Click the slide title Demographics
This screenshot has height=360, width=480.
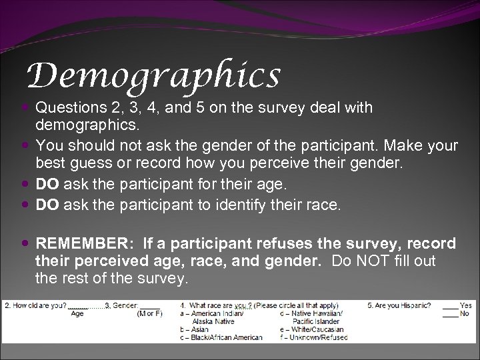[x=153, y=75]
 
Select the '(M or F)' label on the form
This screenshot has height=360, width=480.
[x=150, y=314]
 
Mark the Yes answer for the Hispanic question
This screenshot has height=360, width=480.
[x=465, y=306]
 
